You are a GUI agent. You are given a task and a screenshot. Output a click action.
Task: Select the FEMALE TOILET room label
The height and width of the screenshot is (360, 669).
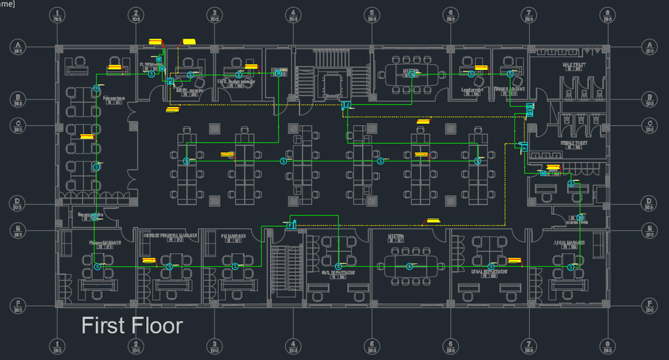coord(574,142)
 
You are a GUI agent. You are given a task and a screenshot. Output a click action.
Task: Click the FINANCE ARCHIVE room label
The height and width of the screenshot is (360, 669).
coord(510,88)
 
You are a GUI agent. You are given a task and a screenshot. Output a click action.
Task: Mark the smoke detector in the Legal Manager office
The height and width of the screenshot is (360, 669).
coord(570,266)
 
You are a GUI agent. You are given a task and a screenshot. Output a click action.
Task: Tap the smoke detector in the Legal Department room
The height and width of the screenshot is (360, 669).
coord(485,266)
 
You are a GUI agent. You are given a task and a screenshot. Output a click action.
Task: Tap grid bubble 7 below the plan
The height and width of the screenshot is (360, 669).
coord(528,344)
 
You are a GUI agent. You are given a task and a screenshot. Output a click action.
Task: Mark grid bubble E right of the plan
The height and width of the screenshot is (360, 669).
coord(649,230)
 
